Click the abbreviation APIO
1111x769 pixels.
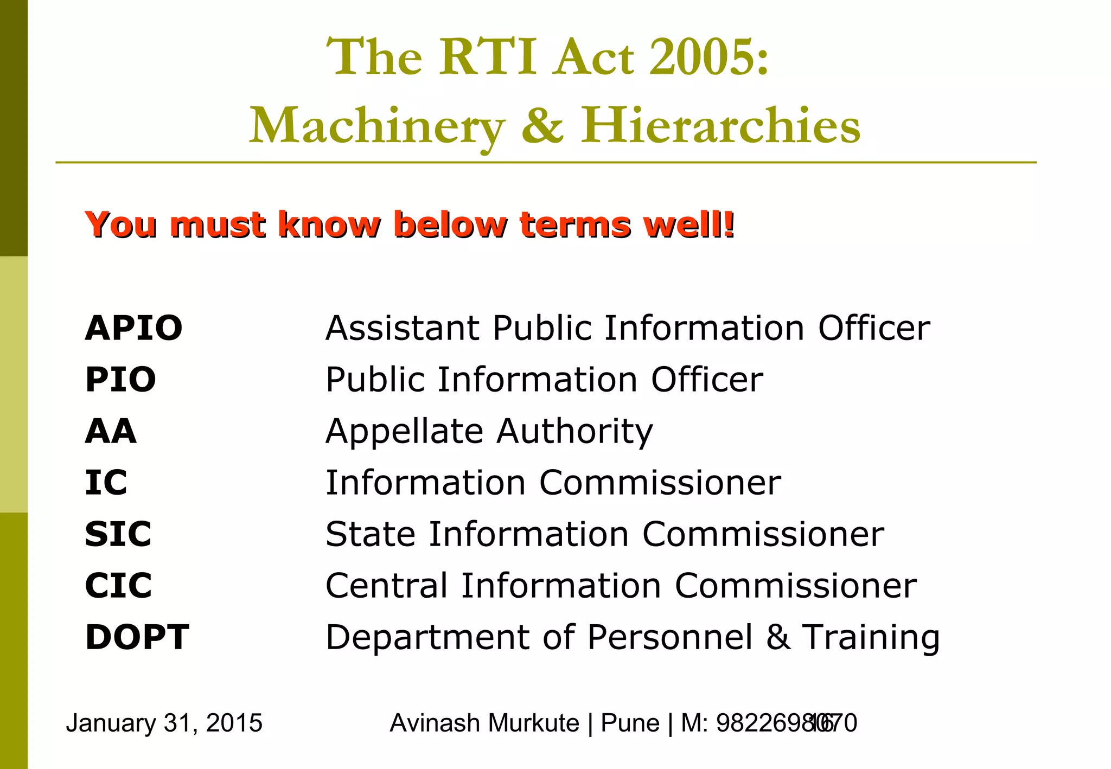pos(133,328)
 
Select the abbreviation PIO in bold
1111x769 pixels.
pos(120,380)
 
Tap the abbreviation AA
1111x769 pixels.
pos(111,431)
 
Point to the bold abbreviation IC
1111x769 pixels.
pos(106,483)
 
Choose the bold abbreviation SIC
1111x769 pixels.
pos(118,534)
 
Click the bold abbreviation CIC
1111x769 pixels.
pos(118,586)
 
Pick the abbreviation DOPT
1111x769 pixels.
pos(137,637)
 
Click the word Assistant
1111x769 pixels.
pos(403,328)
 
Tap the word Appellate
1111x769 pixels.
pos(404,432)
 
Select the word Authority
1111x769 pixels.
pos(575,432)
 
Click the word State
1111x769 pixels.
pos(370,534)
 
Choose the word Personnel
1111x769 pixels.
pos(670,637)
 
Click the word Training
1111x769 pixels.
pos(871,638)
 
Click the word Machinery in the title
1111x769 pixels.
pos(376,126)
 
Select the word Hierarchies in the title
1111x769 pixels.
pos(721,126)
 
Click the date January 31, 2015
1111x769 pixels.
pos(164,723)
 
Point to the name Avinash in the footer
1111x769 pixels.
pos(427,723)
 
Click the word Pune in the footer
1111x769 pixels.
pos(630,723)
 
